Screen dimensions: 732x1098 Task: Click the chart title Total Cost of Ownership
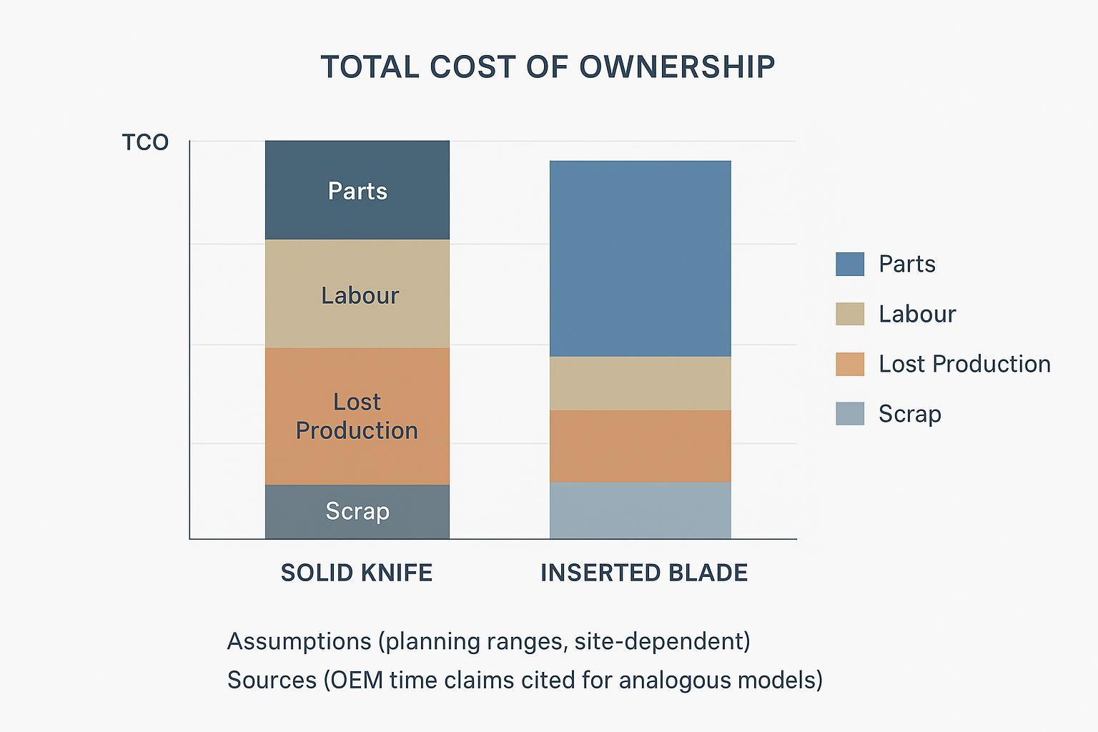tap(548, 66)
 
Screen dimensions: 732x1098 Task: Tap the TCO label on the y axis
tap(145, 143)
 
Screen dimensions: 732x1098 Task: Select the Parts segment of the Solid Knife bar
tap(357, 191)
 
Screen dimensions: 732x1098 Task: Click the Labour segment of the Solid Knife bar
tap(357, 295)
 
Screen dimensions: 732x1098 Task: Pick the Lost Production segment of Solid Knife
tap(357, 416)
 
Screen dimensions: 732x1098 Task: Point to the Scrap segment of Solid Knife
tap(357, 511)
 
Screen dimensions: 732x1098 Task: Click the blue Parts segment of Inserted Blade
tap(640, 259)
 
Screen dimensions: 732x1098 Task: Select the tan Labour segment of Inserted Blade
tap(640, 383)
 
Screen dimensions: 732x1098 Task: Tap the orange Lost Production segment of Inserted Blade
tap(640, 446)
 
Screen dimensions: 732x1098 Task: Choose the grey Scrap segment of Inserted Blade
tap(640, 510)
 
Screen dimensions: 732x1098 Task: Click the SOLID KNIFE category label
tap(356, 573)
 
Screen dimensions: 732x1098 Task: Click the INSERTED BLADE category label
tap(643, 573)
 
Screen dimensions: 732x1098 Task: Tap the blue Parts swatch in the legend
tap(849, 264)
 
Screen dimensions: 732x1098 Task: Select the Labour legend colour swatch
tap(849, 314)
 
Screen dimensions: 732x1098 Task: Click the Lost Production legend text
tap(964, 364)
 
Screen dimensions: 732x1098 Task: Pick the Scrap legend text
tap(909, 414)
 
